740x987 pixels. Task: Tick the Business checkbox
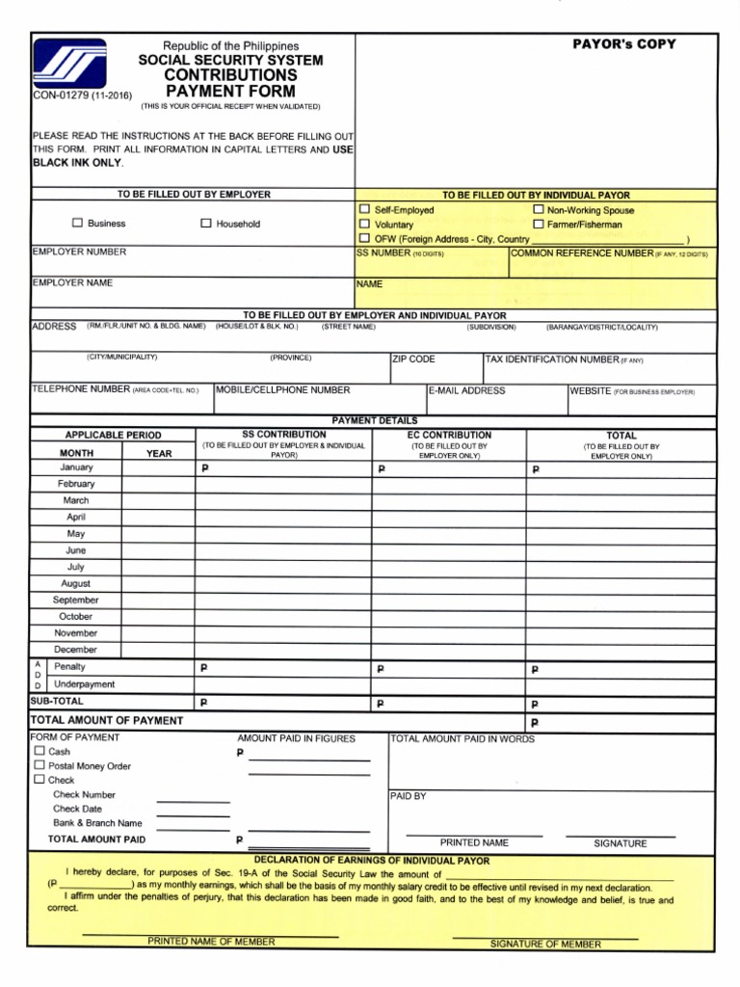(x=78, y=224)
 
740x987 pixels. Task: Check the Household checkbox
(x=205, y=224)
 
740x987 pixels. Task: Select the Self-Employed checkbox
(x=364, y=209)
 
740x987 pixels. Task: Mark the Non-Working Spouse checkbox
(x=538, y=209)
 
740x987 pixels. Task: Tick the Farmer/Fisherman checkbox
(x=538, y=224)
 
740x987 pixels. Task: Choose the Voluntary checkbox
(x=364, y=224)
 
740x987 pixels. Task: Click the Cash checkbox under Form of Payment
(x=39, y=751)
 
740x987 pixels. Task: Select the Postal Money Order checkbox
(x=39, y=765)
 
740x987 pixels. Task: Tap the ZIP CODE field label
(x=413, y=360)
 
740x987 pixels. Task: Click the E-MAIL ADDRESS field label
(x=467, y=390)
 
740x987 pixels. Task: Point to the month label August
(x=76, y=583)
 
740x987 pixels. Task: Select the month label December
(x=76, y=650)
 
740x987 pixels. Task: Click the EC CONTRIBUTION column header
(x=449, y=435)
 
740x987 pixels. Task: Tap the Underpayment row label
(x=85, y=683)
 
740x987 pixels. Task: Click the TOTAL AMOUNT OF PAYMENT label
(x=107, y=720)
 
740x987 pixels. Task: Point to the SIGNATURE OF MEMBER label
(x=545, y=945)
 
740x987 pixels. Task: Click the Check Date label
(x=77, y=809)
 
